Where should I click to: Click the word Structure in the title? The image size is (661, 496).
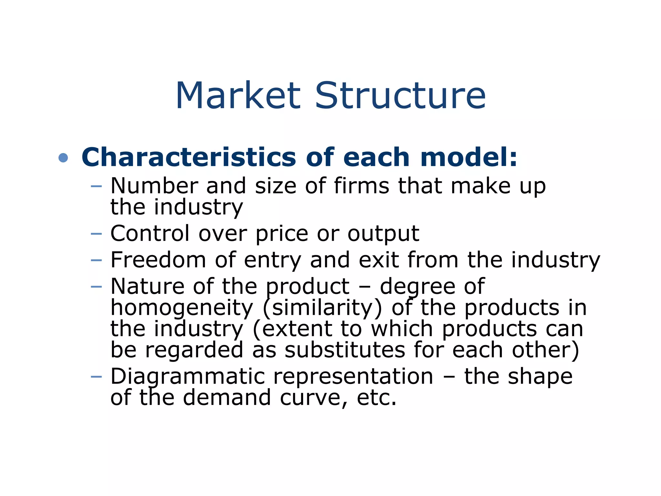pyautogui.click(x=400, y=96)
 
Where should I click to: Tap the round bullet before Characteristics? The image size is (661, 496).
pyautogui.click(x=63, y=158)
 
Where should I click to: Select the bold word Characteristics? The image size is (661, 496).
pyautogui.click(x=188, y=157)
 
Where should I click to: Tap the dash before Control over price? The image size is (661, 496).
pyautogui.click(x=96, y=233)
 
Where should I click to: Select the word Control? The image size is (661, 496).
pyautogui.click(x=150, y=233)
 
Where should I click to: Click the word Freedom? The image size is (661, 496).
pyautogui.click(x=158, y=260)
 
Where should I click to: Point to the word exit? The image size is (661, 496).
pyautogui.click(x=379, y=260)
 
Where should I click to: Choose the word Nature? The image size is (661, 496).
pyautogui.click(x=147, y=286)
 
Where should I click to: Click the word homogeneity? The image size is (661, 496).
pyautogui.click(x=182, y=308)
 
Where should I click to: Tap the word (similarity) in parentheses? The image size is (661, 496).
pyautogui.click(x=322, y=308)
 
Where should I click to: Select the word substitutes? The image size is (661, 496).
pyautogui.click(x=344, y=350)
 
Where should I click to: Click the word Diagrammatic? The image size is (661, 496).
pyautogui.click(x=188, y=377)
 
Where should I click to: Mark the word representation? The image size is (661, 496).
pyautogui.click(x=353, y=377)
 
